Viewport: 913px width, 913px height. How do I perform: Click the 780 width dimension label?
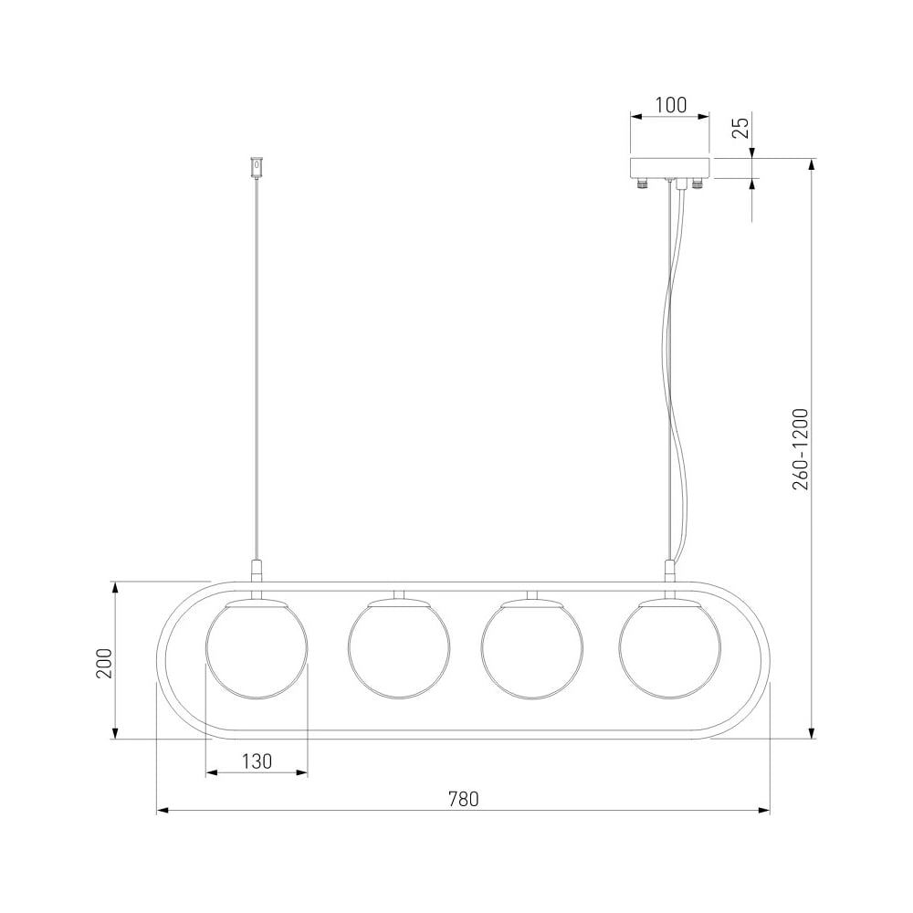click(464, 799)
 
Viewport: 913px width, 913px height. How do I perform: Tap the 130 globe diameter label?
click(257, 761)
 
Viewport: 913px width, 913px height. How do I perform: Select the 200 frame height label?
click(104, 663)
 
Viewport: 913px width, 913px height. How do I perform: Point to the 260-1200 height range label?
click(801, 449)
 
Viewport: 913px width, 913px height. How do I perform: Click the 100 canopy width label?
click(671, 105)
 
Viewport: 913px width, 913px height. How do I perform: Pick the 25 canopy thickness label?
click(740, 128)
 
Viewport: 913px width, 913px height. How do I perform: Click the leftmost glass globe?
click(257, 647)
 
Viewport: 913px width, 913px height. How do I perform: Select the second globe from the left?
click(399, 647)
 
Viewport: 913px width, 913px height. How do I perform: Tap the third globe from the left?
click(532, 647)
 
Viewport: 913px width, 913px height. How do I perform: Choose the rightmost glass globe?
click(669, 647)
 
